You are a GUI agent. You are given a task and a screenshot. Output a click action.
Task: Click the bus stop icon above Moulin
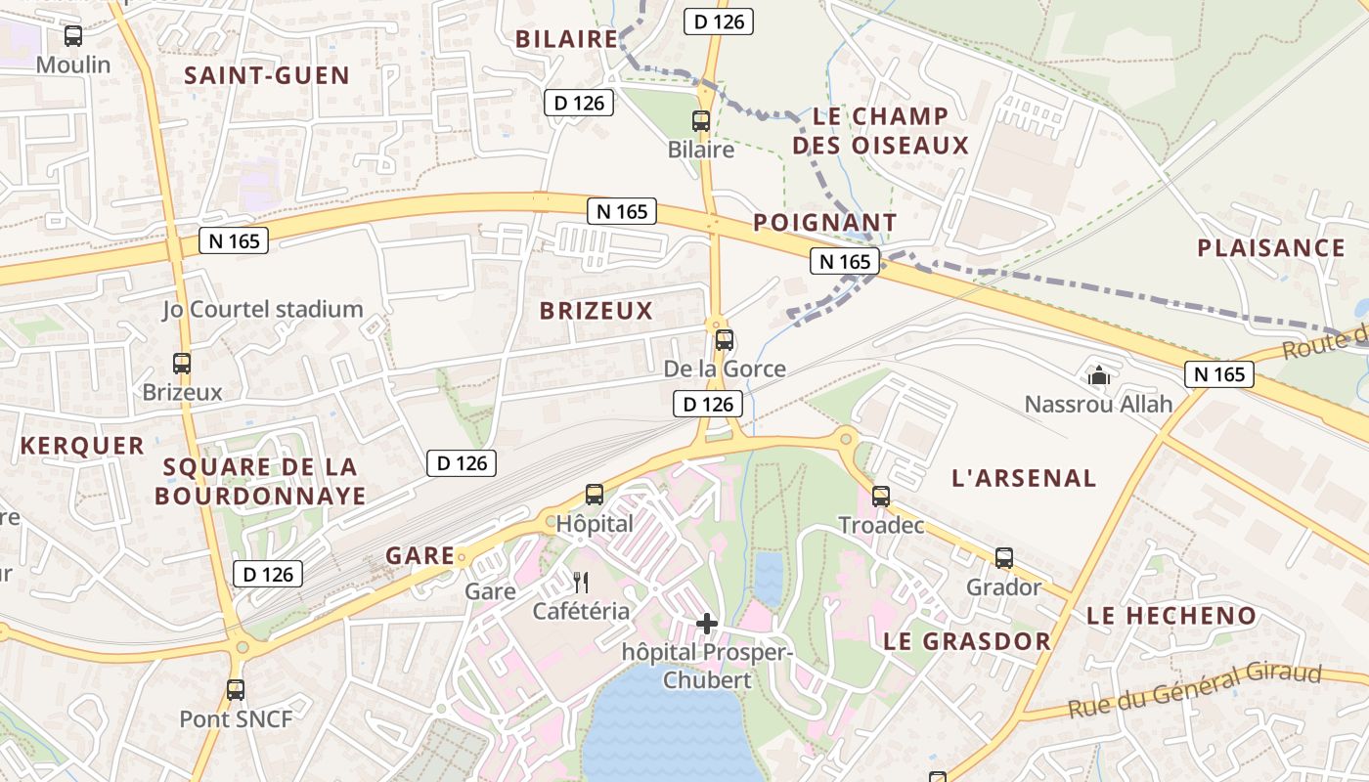click(x=73, y=36)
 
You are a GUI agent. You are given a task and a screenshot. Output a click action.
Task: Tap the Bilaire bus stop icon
click(x=701, y=121)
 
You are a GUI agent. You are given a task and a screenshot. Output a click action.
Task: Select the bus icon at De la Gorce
click(x=725, y=340)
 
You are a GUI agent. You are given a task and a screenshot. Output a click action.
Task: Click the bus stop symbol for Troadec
click(x=881, y=497)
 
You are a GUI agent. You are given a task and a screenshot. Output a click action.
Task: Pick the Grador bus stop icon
click(x=1004, y=558)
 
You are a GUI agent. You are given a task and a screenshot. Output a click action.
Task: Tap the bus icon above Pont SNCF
click(x=236, y=690)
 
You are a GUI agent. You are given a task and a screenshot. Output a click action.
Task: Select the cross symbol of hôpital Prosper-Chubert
click(x=707, y=623)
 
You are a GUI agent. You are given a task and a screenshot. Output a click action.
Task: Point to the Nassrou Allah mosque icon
click(x=1099, y=374)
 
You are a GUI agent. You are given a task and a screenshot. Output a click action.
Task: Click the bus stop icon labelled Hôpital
click(x=595, y=495)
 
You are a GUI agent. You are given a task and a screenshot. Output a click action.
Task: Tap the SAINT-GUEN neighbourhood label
click(x=267, y=75)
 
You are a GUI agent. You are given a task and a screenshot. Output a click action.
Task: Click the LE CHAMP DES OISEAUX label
click(x=880, y=131)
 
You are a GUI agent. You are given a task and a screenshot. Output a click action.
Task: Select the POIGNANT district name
click(x=824, y=223)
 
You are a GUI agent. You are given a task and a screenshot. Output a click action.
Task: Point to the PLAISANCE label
click(x=1271, y=247)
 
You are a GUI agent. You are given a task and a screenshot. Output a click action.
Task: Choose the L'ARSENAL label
click(x=1024, y=478)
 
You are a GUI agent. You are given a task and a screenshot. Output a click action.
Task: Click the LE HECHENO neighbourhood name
click(x=1171, y=616)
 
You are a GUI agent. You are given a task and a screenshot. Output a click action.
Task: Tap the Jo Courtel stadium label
click(x=263, y=310)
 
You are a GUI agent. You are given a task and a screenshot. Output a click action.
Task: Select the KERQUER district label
click(x=82, y=446)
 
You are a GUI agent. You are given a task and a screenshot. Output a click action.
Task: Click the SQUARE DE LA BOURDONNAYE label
click(x=260, y=481)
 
